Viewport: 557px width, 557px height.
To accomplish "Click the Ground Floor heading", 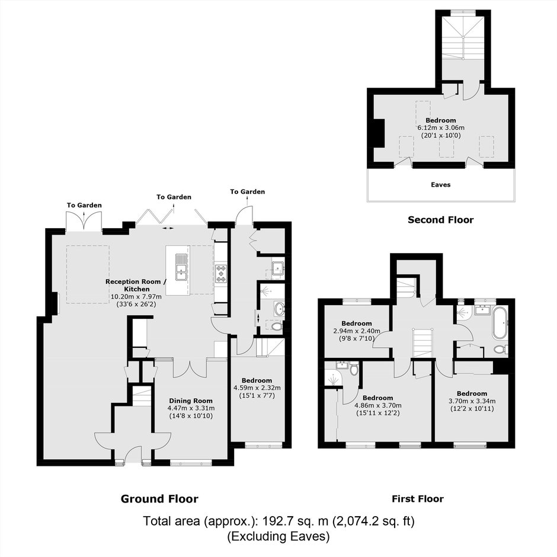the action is pyautogui.click(x=159, y=499).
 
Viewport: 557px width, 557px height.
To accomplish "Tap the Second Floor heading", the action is pyautogui.click(x=440, y=220).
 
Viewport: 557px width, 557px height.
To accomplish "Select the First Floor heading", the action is pyautogui.click(x=418, y=499).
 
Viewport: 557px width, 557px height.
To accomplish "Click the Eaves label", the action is pyautogui.click(x=440, y=185).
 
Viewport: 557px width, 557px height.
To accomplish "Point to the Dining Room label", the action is pyautogui.click(x=191, y=401).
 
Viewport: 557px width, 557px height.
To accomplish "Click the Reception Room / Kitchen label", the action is pyautogui.click(x=136, y=285).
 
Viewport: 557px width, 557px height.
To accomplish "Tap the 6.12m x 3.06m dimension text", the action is pyautogui.click(x=441, y=128).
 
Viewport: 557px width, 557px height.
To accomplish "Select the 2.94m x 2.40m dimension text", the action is pyautogui.click(x=357, y=331).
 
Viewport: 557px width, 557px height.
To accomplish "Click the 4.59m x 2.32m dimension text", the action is pyautogui.click(x=257, y=388).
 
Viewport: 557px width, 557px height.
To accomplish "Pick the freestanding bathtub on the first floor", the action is pyautogui.click(x=500, y=323).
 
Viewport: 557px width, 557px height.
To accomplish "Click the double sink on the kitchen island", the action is pyautogui.click(x=181, y=267).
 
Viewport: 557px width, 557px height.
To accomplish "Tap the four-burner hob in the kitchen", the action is pyautogui.click(x=220, y=274).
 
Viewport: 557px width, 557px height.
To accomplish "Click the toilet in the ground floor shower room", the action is pyautogui.click(x=276, y=326).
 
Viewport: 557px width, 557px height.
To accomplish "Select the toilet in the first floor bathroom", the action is pyautogui.click(x=501, y=349).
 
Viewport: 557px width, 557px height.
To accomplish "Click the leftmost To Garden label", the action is pyautogui.click(x=84, y=206).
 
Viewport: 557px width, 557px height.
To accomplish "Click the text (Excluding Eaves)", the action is pyautogui.click(x=278, y=536).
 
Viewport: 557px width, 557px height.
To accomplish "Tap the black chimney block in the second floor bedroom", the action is pyautogui.click(x=379, y=133).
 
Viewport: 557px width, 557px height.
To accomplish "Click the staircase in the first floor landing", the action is pyautogui.click(x=422, y=343).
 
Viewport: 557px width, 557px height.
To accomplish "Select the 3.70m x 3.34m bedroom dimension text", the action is pyautogui.click(x=472, y=401).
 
